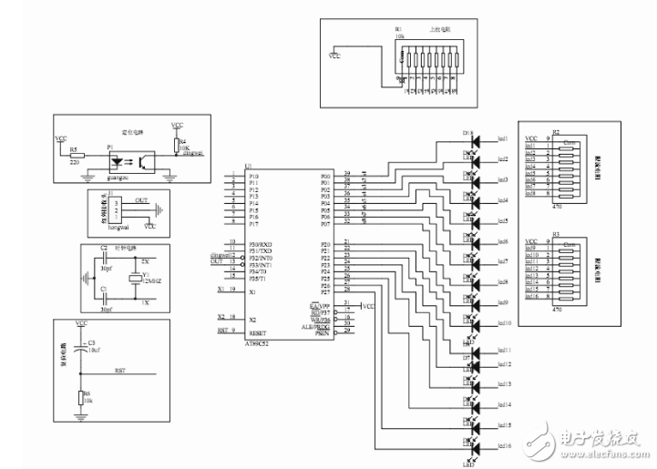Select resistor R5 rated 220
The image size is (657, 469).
77,156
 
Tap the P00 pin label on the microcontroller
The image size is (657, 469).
325,175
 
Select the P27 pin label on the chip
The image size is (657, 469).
325,291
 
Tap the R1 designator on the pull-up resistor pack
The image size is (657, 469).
398,29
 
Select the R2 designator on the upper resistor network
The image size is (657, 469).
556,131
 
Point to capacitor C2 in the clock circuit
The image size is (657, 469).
104,248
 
